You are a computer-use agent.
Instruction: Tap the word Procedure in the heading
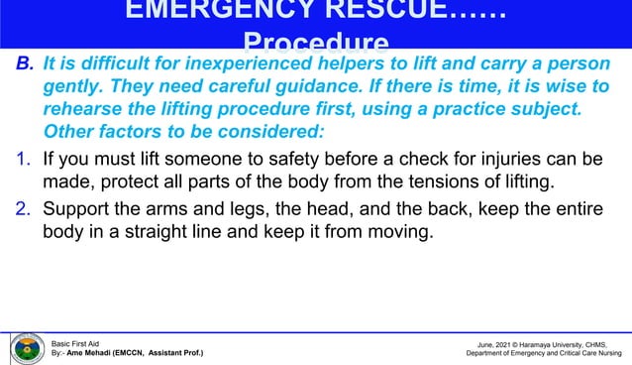click(x=315, y=44)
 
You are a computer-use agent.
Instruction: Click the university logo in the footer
click(x=26, y=348)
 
